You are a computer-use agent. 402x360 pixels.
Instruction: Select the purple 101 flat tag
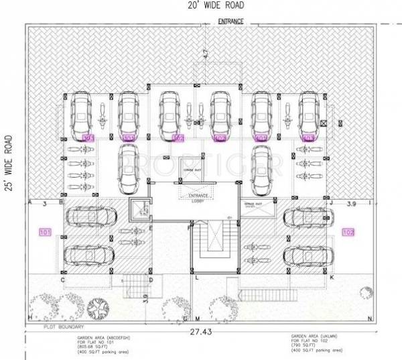[45, 233]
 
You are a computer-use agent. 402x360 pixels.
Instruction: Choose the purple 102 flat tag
[348, 233]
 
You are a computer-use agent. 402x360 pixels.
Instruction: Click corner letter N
[370, 318]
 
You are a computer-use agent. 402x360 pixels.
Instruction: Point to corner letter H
[30, 316]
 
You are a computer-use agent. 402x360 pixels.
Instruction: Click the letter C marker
[62, 280]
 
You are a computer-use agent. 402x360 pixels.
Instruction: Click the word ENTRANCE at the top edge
[230, 21]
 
